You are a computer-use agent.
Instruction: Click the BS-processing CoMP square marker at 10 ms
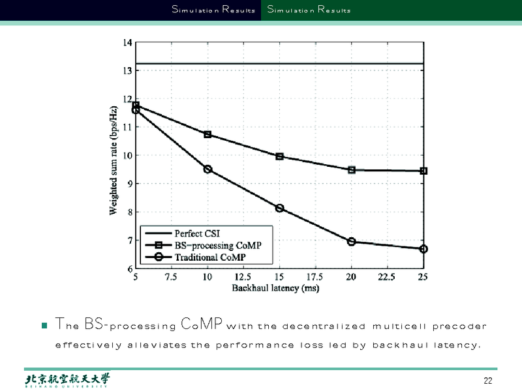pyautogui.click(x=207, y=134)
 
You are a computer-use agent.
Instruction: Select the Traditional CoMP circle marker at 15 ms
pyautogui.click(x=279, y=209)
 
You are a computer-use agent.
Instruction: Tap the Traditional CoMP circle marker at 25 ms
pyautogui.click(x=423, y=249)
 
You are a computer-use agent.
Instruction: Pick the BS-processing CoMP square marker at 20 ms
pyautogui.click(x=352, y=170)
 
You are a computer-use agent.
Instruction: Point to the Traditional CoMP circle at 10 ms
pyautogui.click(x=207, y=169)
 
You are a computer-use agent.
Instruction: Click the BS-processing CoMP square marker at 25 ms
pyautogui.click(x=423, y=171)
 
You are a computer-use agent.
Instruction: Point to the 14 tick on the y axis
pyautogui.click(x=127, y=43)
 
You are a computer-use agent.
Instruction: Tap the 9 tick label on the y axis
pyautogui.click(x=129, y=184)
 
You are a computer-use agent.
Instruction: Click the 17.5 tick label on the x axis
pyautogui.click(x=315, y=278)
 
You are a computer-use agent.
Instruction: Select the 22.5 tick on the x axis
pyautogui.click(x=387, y=278)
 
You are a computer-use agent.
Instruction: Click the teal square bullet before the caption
pyautogui.click(x=44, y=325)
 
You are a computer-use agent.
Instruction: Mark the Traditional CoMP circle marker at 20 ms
pyautogui.click(x=352, y=242)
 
